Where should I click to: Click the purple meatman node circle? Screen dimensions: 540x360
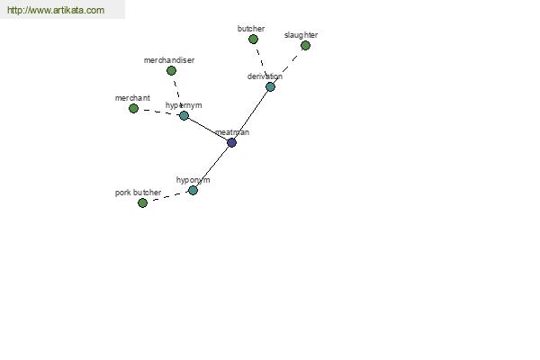click(232, 142)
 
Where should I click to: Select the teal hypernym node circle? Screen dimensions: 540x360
click(184, 115)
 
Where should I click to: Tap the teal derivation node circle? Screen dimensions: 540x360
click(270, 86)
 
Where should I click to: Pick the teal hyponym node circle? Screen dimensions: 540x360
click(193, 190)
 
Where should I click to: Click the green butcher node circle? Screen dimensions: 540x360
click(253, 40)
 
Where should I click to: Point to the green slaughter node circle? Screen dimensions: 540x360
click(305, 46)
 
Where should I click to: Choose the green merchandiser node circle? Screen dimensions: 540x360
click(171, 70)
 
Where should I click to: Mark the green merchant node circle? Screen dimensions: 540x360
click(133, 109)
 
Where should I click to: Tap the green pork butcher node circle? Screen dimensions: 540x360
click(142, 202)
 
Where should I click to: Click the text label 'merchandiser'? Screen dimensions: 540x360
click(169, 60)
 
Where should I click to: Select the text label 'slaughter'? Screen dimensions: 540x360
click(301, 35)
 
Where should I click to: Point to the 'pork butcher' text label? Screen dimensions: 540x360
click(138, 193)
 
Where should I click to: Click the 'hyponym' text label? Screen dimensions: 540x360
click(193, 180)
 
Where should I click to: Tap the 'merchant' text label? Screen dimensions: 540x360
click(132, 98)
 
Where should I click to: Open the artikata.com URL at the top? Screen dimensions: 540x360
click(56, 10)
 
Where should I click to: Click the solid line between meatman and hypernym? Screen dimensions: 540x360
click(208, 129)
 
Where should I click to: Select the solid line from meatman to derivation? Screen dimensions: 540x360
click(251, 114)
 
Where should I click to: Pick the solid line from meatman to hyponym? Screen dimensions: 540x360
click(212, 166)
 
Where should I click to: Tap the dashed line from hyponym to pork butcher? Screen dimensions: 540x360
click(167, 197)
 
